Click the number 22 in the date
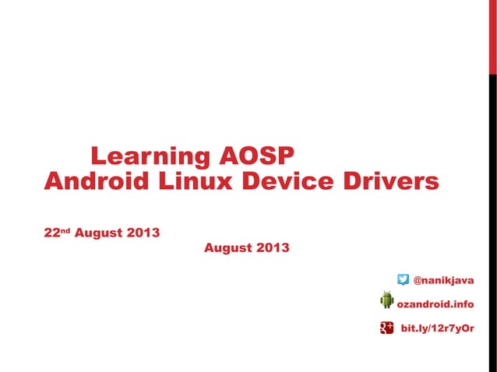(52, 233)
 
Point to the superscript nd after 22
(65, 230)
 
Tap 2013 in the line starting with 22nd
(145, 233)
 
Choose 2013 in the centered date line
(273, 248)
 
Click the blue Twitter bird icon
(403, 279)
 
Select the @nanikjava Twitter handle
(443, 279)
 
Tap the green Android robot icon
(387, 300)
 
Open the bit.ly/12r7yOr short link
(437, 328)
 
